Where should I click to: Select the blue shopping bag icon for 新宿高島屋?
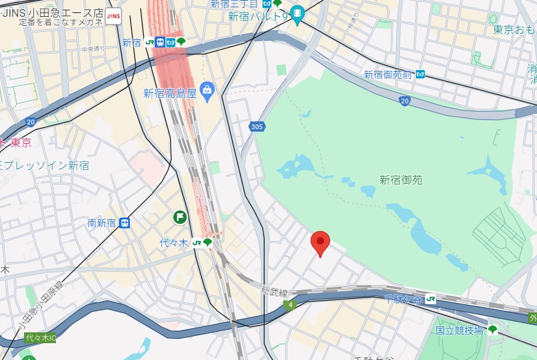[x=207, y=93]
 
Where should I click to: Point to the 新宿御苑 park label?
[x=401, y=179]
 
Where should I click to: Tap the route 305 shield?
[x=257, y=126]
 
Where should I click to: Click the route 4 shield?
[x=290, y=305]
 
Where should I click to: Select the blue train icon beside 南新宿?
[x=124, y=223]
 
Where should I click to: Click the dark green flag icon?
[x=179, y=217]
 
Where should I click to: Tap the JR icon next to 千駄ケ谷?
[x=431, y=298]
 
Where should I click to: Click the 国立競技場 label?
[x=459, y=330]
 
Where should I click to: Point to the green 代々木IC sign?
[x=40, y=338]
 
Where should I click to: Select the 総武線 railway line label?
[x=274, y=291]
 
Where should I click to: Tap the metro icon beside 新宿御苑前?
[x=420, y=75]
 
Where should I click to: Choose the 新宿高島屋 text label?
[x=170, y=93]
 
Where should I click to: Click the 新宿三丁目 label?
[x=233, y=4]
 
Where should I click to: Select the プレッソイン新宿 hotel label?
[x=46, y=165]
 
